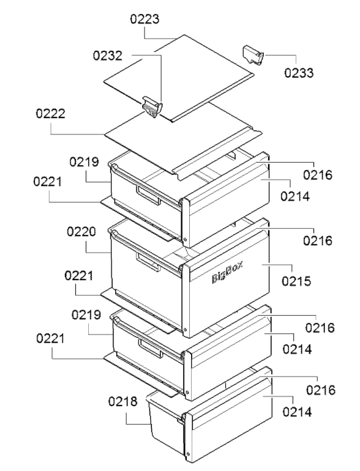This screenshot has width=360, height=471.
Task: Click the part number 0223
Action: (x=144, y=19)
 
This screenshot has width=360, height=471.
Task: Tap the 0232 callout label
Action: (x=108, y=56)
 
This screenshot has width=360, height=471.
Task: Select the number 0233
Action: (x=299, y=73)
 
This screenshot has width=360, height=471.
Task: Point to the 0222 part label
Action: (x=51, y=114)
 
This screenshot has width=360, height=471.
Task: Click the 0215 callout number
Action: (x=296, y=281)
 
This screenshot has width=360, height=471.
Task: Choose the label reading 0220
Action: (x=81, y=232)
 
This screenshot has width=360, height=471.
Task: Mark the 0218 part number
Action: (x=123, y=402)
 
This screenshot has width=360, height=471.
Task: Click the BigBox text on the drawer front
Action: (x=227, y=272)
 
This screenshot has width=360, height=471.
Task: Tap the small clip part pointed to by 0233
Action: (x=253, y=55)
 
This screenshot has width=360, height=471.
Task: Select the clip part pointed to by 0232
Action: (x=152, y=107)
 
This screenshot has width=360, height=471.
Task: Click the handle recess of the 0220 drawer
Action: (x=148, y=262)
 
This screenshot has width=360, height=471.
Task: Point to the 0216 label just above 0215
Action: (x=318, y=241)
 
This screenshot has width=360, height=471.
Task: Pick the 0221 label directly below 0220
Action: (x=79, y=276)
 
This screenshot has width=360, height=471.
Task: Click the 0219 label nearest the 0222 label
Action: (x=84, y=162)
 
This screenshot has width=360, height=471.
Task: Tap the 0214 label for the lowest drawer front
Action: (x=297, y=412)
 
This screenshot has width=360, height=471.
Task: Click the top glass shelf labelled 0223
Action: (x=179, y=79)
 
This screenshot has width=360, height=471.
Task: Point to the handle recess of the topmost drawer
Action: (x=148, y=195)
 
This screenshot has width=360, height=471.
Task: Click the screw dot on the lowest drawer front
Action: (x=189, y=454)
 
